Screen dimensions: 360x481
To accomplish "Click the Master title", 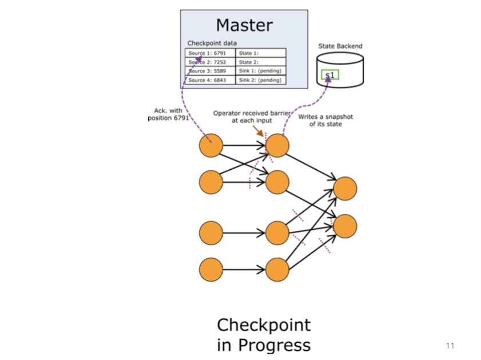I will (244, 26).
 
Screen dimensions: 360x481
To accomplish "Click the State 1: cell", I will (261, 53).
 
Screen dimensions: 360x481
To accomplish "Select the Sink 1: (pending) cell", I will (261, 71).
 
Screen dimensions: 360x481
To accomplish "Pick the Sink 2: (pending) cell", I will (261, 81).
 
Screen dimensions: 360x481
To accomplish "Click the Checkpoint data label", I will (212, 43).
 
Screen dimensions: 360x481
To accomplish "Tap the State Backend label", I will (340, 46).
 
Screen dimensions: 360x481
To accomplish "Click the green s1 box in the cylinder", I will (329, 75).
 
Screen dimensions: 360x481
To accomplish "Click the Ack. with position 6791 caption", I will (168, 114).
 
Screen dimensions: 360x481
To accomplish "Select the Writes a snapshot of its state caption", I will (326, 120).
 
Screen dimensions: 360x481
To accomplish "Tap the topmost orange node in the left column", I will (210, 146).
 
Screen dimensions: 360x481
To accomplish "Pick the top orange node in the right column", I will (345, 189).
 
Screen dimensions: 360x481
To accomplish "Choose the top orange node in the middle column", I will (277, 146).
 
